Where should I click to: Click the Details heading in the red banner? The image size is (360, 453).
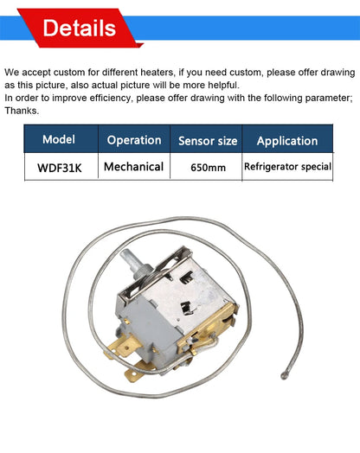[79, 29]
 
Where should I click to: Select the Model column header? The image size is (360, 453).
[59, 139]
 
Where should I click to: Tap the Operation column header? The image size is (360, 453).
[133, 140]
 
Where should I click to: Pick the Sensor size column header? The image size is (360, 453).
[208, 140]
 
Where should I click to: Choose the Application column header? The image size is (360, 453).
[287, 140]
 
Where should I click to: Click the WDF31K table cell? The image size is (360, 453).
[59, 166]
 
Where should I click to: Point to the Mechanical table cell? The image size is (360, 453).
[133, 166]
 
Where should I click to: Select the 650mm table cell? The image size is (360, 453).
[208, 167]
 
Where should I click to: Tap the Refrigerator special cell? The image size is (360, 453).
[287, 166]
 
